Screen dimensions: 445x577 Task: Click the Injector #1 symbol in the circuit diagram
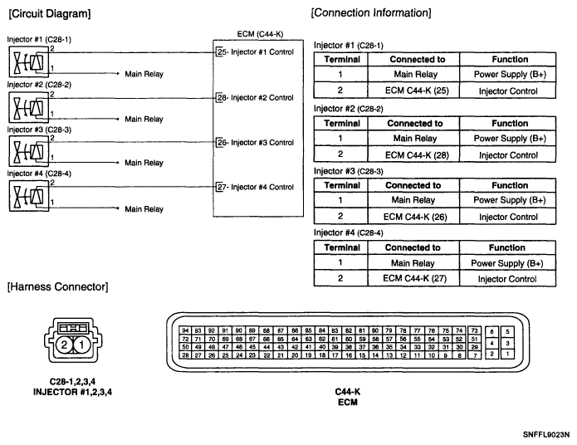28,61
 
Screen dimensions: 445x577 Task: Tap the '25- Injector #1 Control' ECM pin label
254,53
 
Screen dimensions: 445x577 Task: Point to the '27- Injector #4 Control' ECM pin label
254,187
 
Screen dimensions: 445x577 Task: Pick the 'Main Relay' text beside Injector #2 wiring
144,120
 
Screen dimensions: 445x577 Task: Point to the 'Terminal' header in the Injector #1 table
341,59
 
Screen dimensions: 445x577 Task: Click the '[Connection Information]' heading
370,14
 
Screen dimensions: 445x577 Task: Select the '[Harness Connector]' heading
56,287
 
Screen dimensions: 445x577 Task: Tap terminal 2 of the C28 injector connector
63,344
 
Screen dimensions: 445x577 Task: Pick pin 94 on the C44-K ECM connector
185,330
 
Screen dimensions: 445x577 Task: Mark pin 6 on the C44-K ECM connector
491,330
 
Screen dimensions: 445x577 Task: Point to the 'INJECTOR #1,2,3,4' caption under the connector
71,390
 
